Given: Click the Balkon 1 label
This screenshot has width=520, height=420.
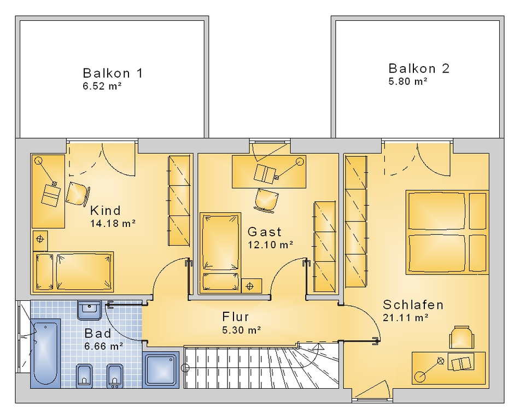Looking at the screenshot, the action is pyautogui.click(x=113, y=73).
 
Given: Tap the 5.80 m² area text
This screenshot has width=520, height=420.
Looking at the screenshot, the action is pyautogui.click(x=407, y=81).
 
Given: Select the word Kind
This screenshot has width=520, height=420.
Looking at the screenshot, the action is pyautogui.click(x=106, y=211).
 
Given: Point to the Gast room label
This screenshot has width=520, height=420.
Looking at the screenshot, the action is pyautogui.click(x=264, y=231).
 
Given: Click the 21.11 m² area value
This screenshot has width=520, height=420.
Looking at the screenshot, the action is pyautogui.click(x=406, y=318).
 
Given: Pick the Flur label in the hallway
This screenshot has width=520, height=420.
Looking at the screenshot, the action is pyautogui.click(x=236, y=317).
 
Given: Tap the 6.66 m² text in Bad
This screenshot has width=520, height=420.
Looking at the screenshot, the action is pyautogui.click(x=104, y=346).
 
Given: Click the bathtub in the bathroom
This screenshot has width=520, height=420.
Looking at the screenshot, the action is pyautogui.click(x=46, y=353).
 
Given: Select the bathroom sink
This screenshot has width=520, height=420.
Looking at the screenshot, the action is pyautogui.click(x=89, y=310).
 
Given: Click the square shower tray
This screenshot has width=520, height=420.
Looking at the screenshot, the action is pyautogui.click(x=161, y=370).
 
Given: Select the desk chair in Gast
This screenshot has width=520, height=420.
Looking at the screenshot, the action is pyautogui.click(x=267, y=200).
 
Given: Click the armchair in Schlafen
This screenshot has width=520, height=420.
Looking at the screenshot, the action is pyautogui.click(x=461, y=337).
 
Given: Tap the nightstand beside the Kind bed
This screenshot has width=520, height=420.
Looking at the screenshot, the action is pyautogui.click(x=40, y=241).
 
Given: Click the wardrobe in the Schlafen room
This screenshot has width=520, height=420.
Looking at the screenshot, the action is pyautogui.click(x=357, y=221).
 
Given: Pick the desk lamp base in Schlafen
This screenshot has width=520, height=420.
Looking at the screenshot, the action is pyautogui.click(x=420, y=377).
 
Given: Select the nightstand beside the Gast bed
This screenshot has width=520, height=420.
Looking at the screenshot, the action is pyautogui.click(x=252, y=286).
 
